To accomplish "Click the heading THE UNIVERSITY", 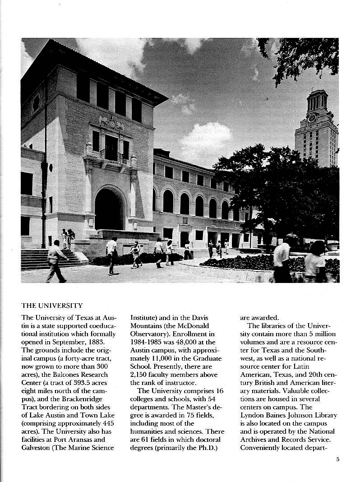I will point(52,306).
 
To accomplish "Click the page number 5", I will point(337,460).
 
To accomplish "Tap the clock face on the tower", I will point(311,118).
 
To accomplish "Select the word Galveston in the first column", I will point(39,448).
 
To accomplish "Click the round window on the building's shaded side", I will point(37,103).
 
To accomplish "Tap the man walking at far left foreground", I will point(55,261).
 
